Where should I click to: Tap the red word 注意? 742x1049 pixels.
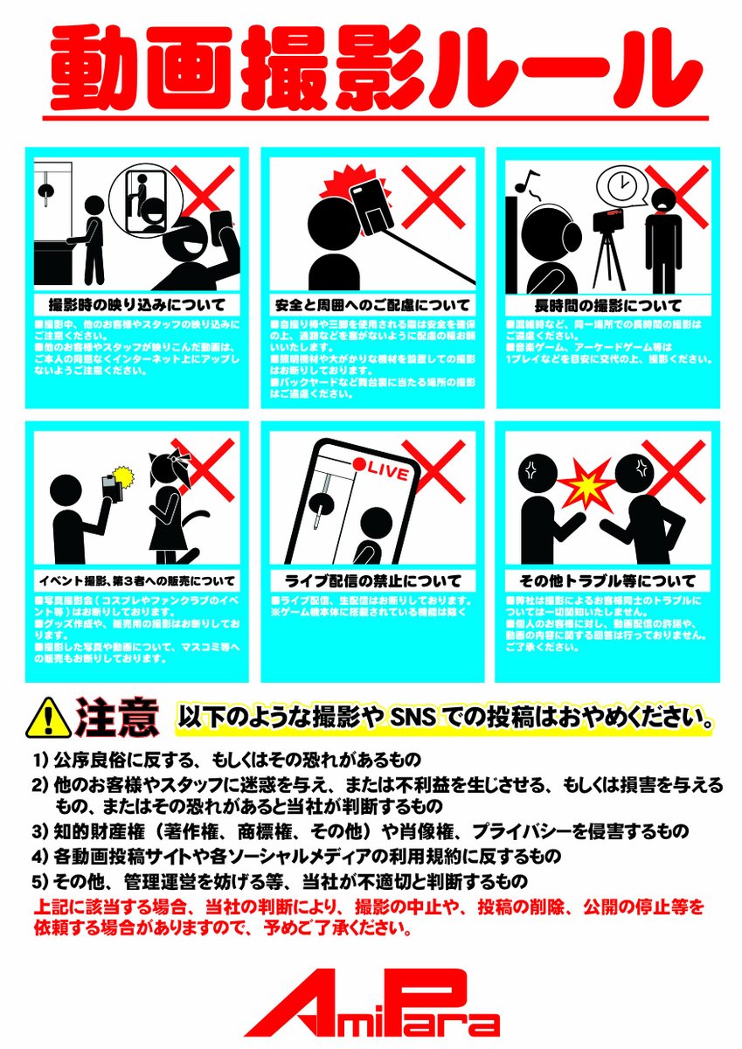118,717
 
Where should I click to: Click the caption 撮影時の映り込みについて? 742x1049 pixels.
135,306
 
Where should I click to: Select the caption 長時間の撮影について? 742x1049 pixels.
607,306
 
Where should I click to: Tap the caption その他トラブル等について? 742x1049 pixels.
607,580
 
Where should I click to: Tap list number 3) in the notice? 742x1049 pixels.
38,830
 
